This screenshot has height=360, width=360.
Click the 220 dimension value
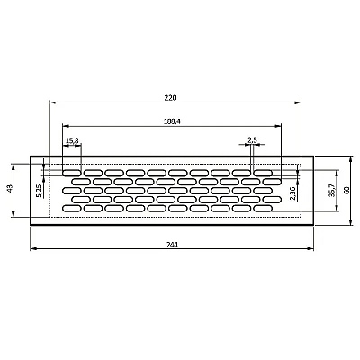(x=170, y=98)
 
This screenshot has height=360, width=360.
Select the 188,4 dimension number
(x=172, y=121)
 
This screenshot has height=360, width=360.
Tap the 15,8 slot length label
(x=72, y=140)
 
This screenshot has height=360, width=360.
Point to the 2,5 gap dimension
(x=252, y=139)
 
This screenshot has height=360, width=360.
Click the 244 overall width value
(x=172, y=245)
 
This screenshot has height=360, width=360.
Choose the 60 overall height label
(x=346, y=190)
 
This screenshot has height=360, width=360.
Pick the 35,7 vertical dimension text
(x=331, y=191)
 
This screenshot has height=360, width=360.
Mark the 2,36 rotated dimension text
(x=292, y=193)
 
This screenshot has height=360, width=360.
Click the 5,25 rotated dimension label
(x=39, y=191)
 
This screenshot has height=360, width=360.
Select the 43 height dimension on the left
(x=9, y=189)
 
